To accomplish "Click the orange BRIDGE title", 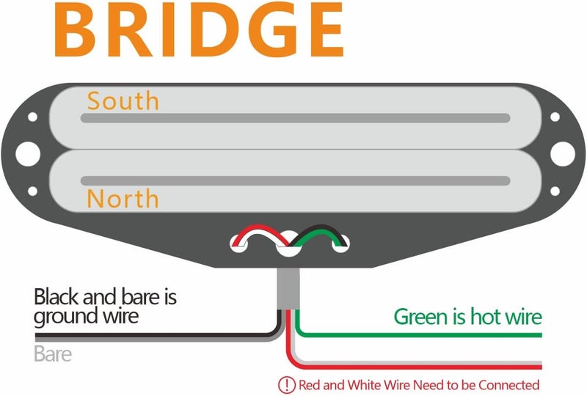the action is (x=199, y=30).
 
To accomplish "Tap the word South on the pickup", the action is (x=123, y=101).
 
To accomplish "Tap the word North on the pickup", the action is (x=123, y=199).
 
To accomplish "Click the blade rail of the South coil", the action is (x=296, y=118).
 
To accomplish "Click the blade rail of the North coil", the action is (x=296, y=181).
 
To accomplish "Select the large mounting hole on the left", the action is (x=28, y=154).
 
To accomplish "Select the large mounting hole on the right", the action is (x=563, y=154).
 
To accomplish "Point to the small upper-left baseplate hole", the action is (x=32, y=117).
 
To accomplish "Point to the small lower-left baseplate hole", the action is (x=32, y=191).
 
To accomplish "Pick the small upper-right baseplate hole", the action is (x=555, y=117).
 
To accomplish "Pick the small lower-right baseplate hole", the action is (x=555, y=191).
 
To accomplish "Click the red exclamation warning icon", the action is (x=287, y=385).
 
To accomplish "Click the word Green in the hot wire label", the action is (x=421, y=317).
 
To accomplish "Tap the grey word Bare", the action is (x=53, y=353).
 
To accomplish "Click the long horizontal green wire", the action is (x=419, y=334).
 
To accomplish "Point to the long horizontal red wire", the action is (x=415, y=367).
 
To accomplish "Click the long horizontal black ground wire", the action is (x=157, y=335).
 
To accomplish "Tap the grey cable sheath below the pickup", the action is (x=288, y=289).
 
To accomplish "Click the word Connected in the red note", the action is (x=508, y=385).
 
